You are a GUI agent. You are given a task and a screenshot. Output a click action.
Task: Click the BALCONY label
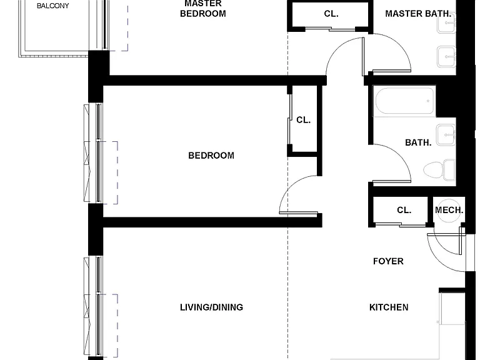click(x=52, y=6)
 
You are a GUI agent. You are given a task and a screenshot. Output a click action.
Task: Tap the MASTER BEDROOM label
click(x=203, y=9)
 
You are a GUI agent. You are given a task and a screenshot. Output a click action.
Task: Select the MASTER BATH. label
click(x=418, y=14)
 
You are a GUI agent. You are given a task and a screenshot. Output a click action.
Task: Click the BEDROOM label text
click(x=211, y=156)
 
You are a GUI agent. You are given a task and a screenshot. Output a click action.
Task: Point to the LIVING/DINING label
click(x=211, y=307)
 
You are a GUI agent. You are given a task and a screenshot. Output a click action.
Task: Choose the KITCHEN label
click(x=389, y=307)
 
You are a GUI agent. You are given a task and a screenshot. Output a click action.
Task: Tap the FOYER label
click(x=388, y=261)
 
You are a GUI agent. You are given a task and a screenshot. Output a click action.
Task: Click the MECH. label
click(x=449, y=210)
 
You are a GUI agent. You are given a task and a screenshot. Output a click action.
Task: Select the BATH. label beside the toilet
click(x=418, y=142)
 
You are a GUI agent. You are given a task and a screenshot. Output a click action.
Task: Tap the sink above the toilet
click(x=446, y=135)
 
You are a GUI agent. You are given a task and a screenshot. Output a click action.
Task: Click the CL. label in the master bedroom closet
click(x=331, y=14)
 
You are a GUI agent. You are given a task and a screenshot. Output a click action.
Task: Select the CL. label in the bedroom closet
click(x=303, y=120)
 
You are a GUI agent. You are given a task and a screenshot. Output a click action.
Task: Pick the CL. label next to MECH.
click(x=404, y=210)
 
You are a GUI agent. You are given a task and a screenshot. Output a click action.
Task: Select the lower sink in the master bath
click(x=447, y=57)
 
